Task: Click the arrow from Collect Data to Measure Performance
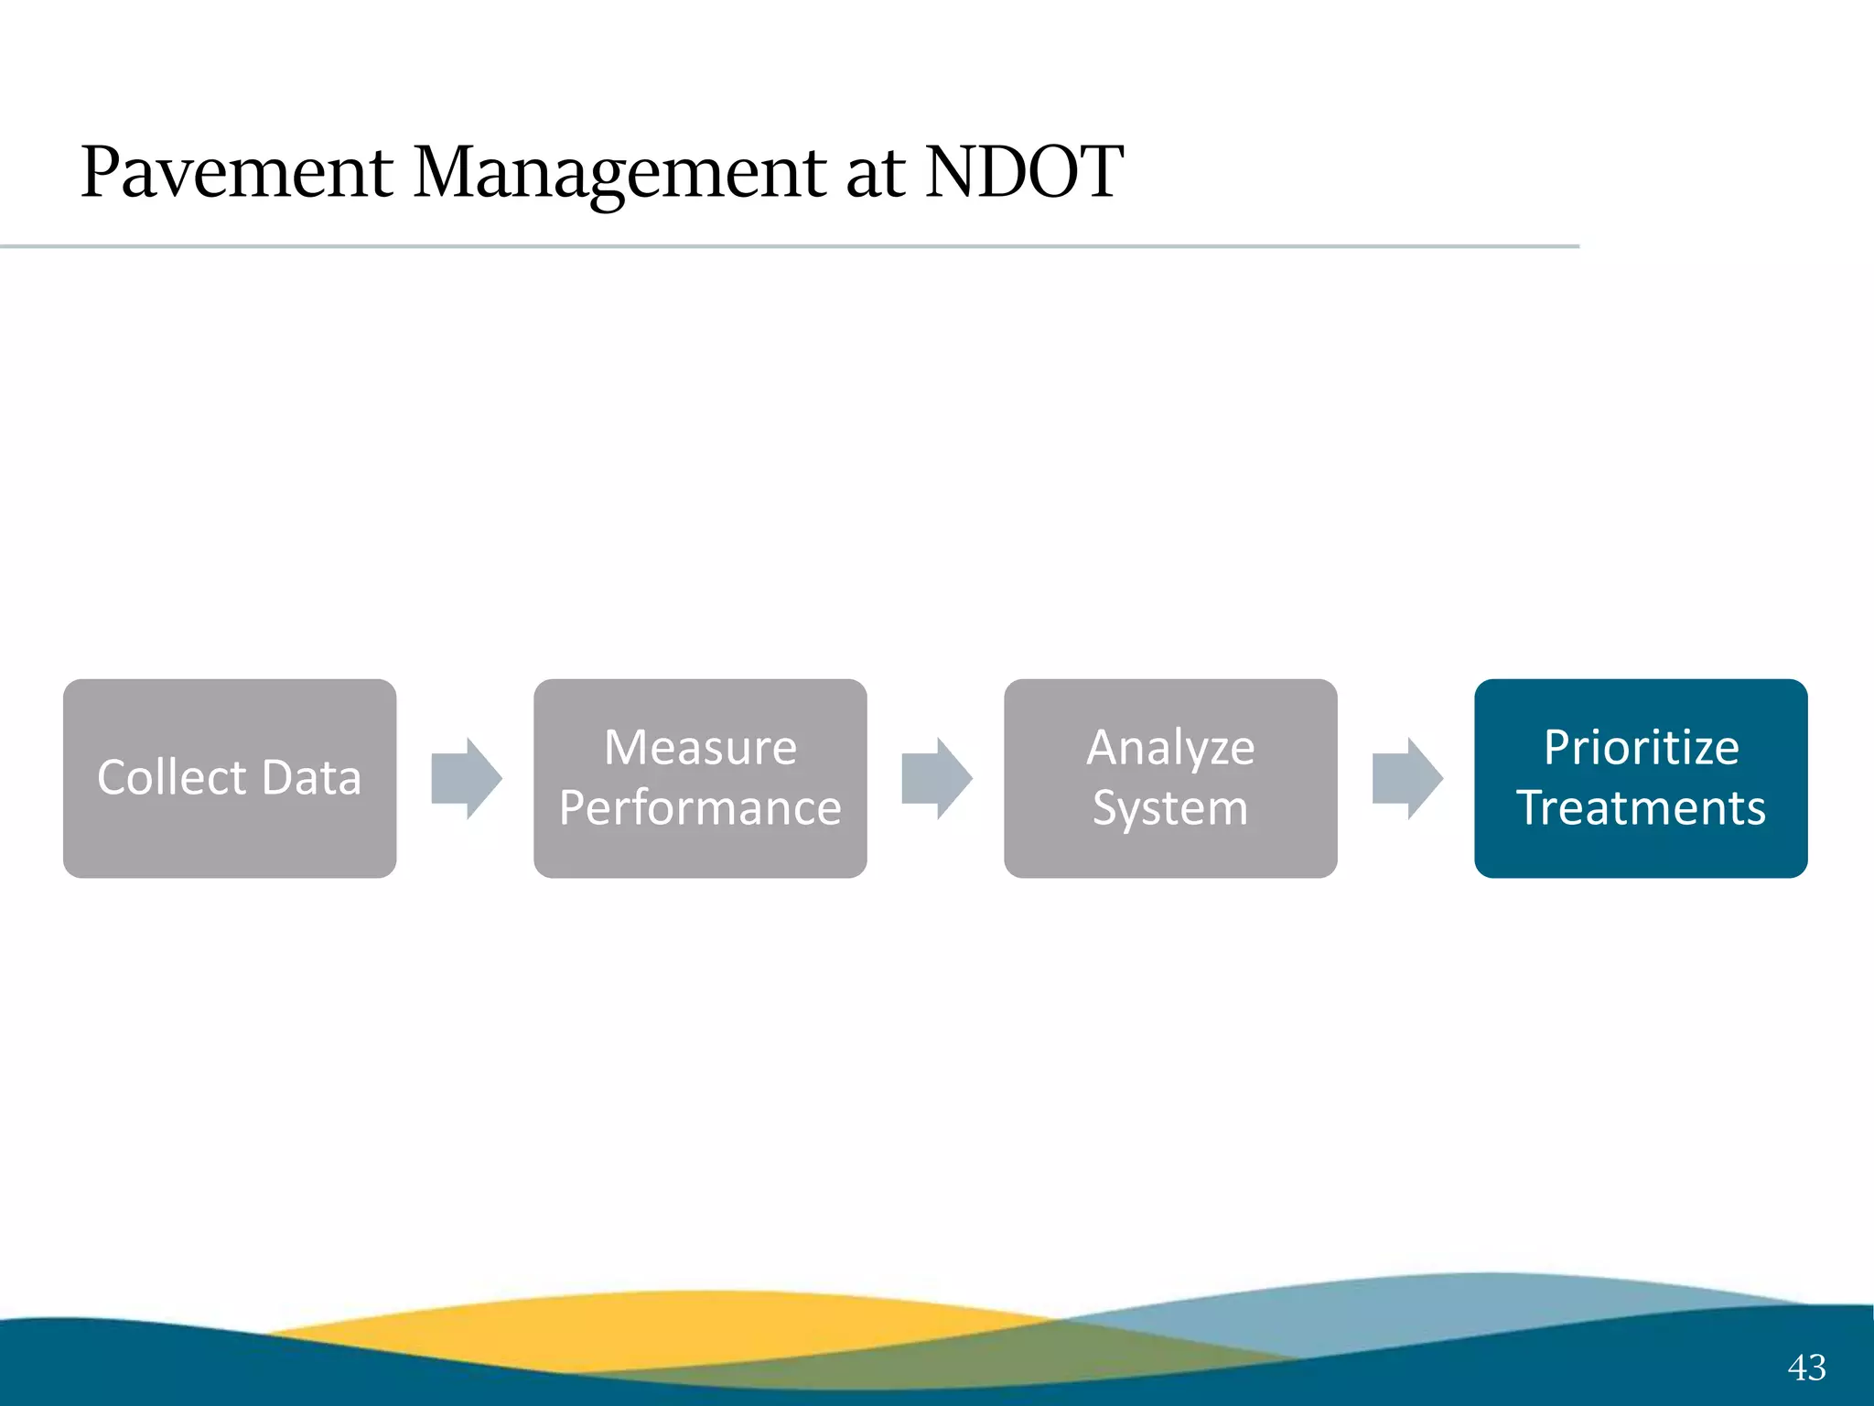pos(467,778)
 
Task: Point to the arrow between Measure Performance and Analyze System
pos(937,778)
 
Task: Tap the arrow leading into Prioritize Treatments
pos(1407,778)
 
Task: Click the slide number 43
pos(1806,1368)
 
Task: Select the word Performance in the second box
pos(700,808)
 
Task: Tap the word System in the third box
pos(1170,808)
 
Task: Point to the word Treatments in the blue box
pos(1641,808)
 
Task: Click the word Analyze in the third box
pos(1170,747)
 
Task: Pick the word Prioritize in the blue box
pos(1641,747)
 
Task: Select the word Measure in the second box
pos(700,747)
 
